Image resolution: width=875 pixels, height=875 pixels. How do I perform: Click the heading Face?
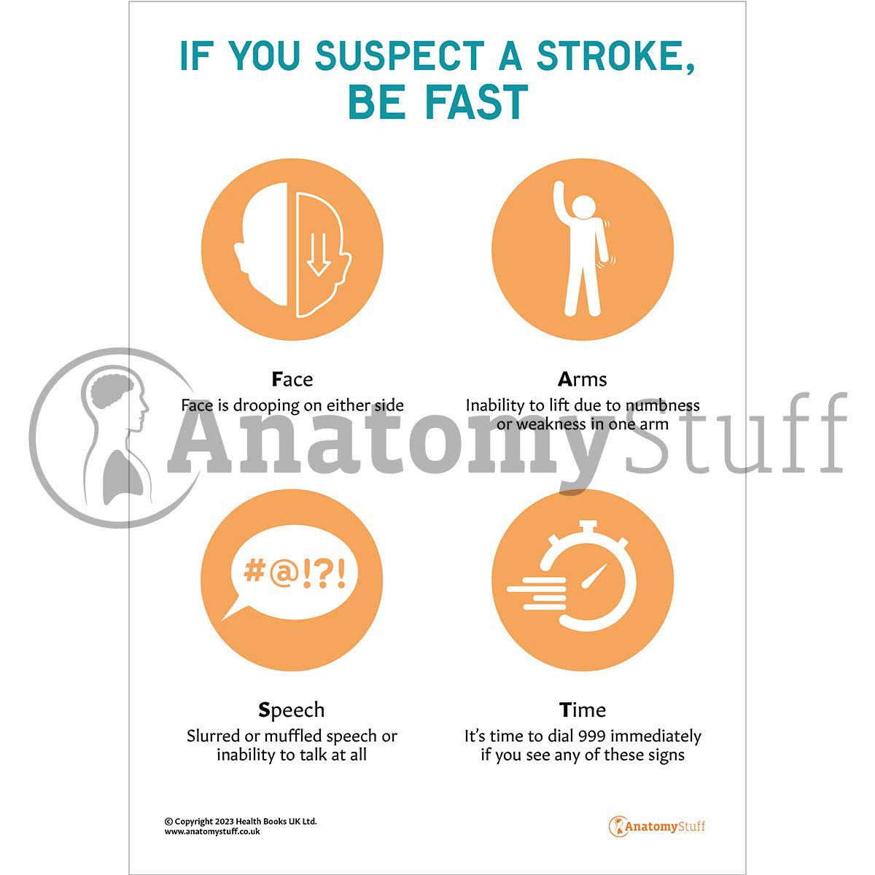[292, 379]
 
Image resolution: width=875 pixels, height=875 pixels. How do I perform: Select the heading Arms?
[582, 379]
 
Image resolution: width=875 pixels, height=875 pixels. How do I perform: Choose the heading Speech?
[292, 709]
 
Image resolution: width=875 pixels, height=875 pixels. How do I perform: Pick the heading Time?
[582, 709]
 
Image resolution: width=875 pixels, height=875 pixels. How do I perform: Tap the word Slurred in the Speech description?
[212, 736]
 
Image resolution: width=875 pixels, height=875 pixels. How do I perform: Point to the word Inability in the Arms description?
[494, 405]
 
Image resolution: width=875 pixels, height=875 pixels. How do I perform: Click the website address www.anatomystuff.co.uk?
[212, 831]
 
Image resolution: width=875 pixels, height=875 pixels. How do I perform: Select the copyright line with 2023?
[241, 821]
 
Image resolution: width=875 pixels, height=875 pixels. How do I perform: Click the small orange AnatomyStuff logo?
[657, 826]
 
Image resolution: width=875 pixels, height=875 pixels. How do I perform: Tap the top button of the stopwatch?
[582, 526]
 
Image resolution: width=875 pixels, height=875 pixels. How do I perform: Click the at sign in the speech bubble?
[283, 573]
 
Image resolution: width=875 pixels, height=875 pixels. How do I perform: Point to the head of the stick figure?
[583, 207]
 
